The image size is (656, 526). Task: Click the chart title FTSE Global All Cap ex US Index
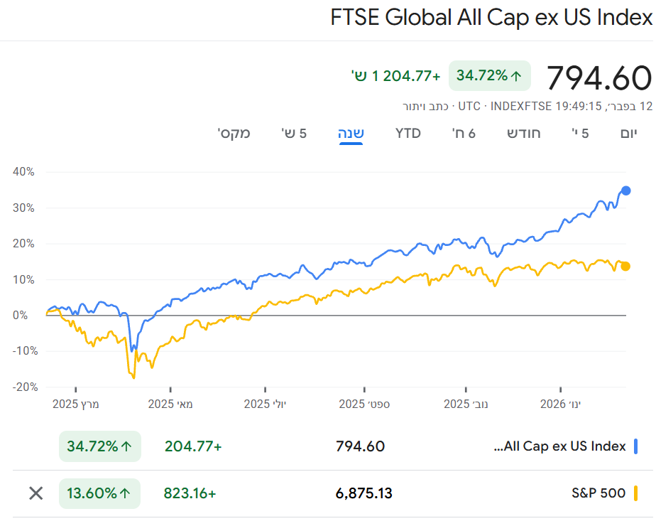click(x=491, y=18)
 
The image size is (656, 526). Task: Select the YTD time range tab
click(x=408, y=133)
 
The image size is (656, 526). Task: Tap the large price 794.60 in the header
click(x=599, y=77)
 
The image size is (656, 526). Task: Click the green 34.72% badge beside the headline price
click(x=489, y=75)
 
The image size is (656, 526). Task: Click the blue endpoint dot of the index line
click(x=625, y=190)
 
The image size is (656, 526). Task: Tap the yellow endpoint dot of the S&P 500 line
click(x=625, y=267)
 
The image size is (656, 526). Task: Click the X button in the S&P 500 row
click(x=35, y=493)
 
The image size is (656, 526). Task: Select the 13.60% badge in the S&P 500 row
click(x=99, y=493)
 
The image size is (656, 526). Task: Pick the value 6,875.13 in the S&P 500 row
click(x=363, y=493)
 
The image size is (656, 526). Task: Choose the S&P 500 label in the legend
click(x=598, y=493)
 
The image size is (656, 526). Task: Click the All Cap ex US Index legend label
click(x=560, y=446)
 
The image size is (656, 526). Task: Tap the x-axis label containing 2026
click(x=560, y=404)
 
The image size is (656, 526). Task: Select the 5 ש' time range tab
click(x=293, y=133)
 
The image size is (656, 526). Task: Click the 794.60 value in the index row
click(x=360, y=446)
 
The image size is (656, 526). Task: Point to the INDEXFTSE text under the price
click(x=520, y=106)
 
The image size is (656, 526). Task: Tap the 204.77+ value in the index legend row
click(x=193, y=446)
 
